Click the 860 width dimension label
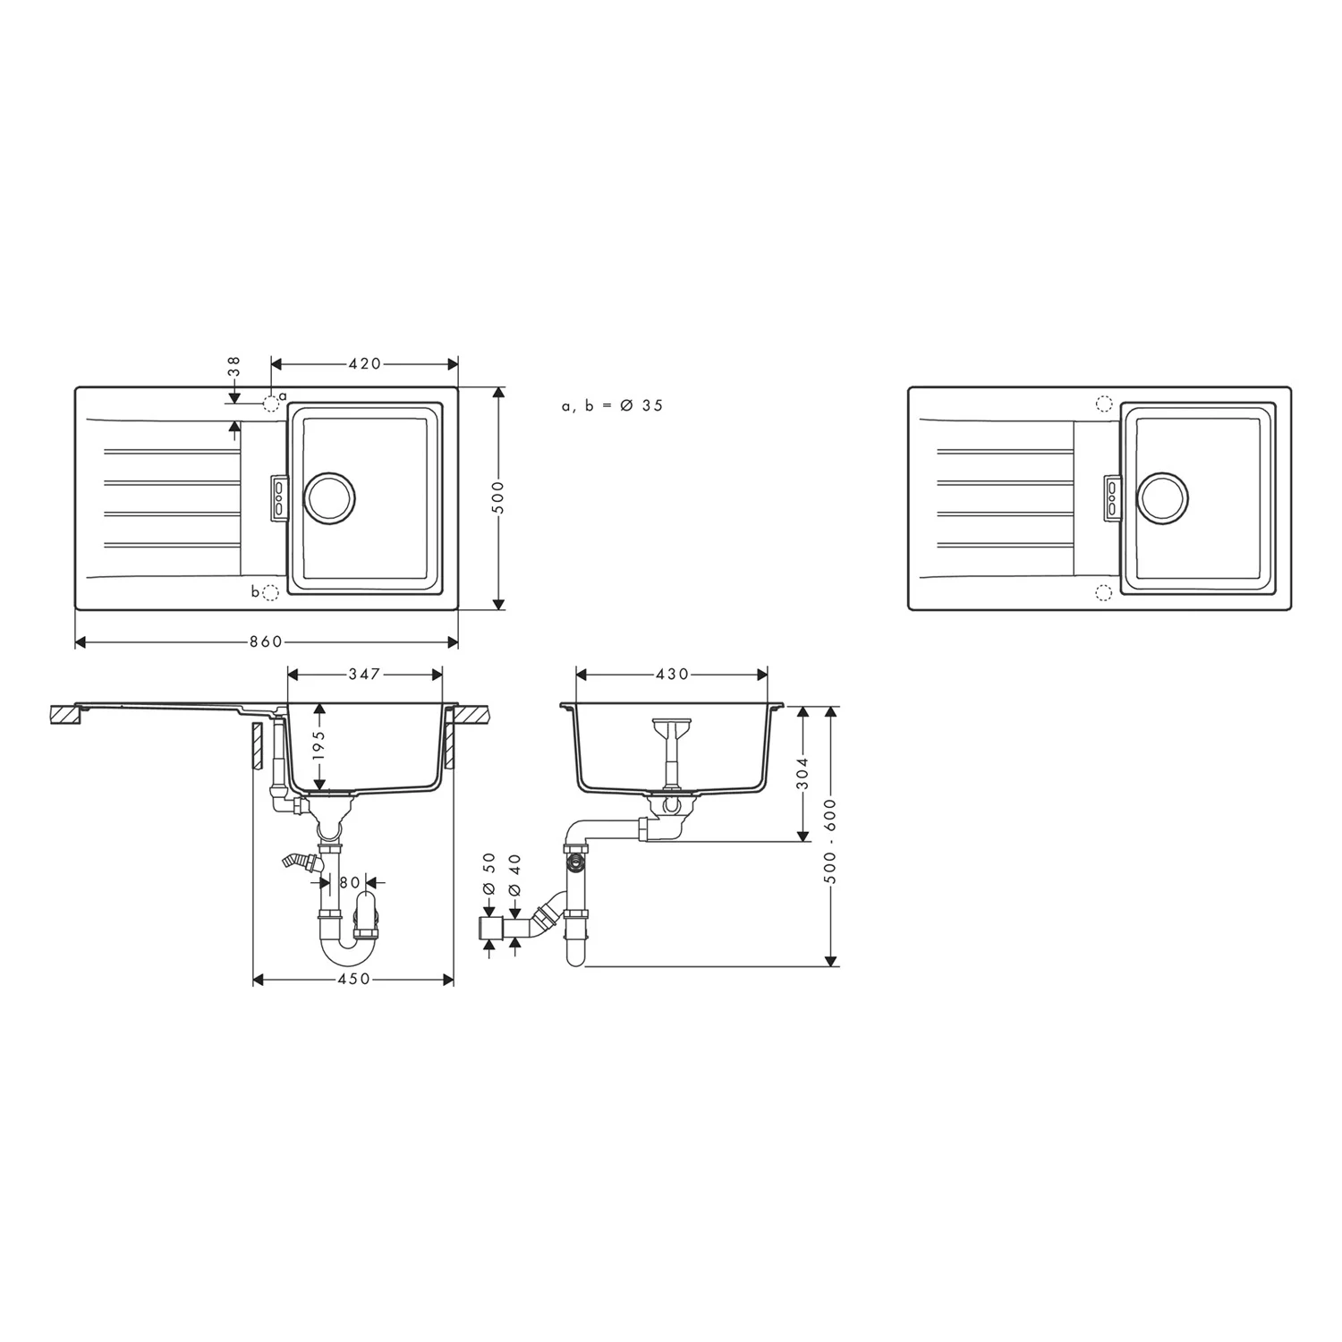(266, 641)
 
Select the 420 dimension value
(364, 363)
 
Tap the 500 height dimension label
(499, 497)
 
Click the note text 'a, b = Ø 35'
(613, 405)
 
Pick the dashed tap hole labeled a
(271, 403)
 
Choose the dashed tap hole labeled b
(272, 591)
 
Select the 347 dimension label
(364, 674)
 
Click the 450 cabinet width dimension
(354, 980)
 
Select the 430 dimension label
(672, 674)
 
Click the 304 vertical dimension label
(803, 774)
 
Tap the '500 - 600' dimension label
(831, 841)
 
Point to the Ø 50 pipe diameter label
(488, 873)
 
